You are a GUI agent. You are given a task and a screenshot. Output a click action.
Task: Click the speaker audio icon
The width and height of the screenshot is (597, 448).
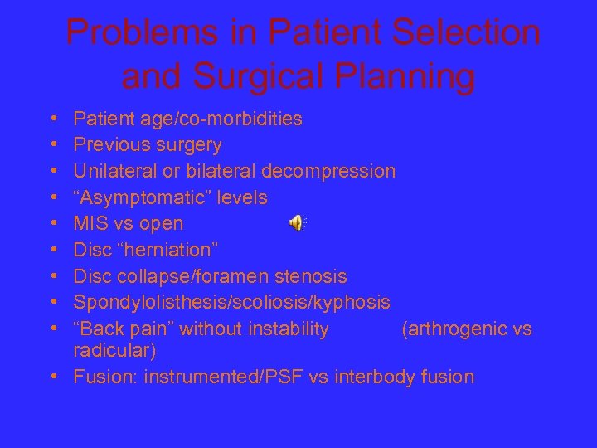click(x=297, y=223)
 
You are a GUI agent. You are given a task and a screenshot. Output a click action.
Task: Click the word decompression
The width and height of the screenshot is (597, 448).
click(x=328, y=172)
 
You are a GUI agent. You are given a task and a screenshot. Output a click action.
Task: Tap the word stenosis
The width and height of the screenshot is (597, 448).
click(x=318, y=276)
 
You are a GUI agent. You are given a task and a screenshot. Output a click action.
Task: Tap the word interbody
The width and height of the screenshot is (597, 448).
click(x=372, y=377)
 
